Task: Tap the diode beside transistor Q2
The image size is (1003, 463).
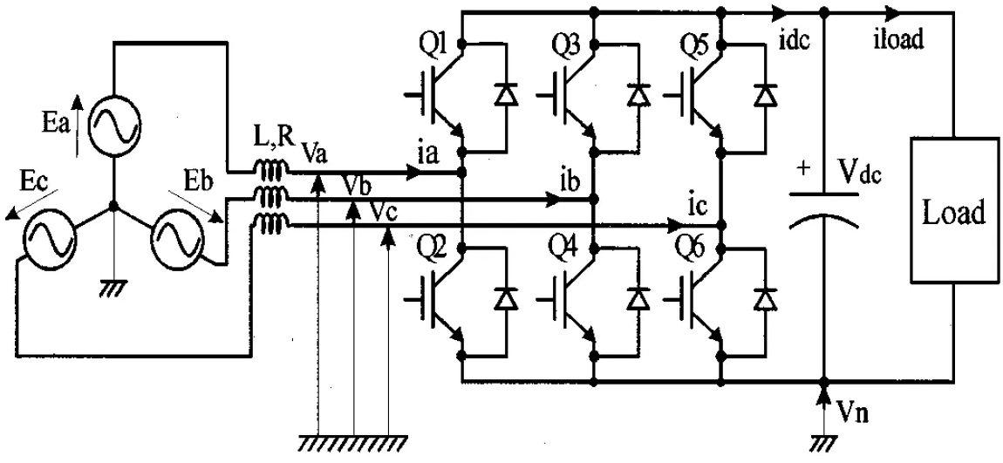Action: (507, 297)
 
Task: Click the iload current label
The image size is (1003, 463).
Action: (898, 40)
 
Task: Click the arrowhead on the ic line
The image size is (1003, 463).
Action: (675, 226)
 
